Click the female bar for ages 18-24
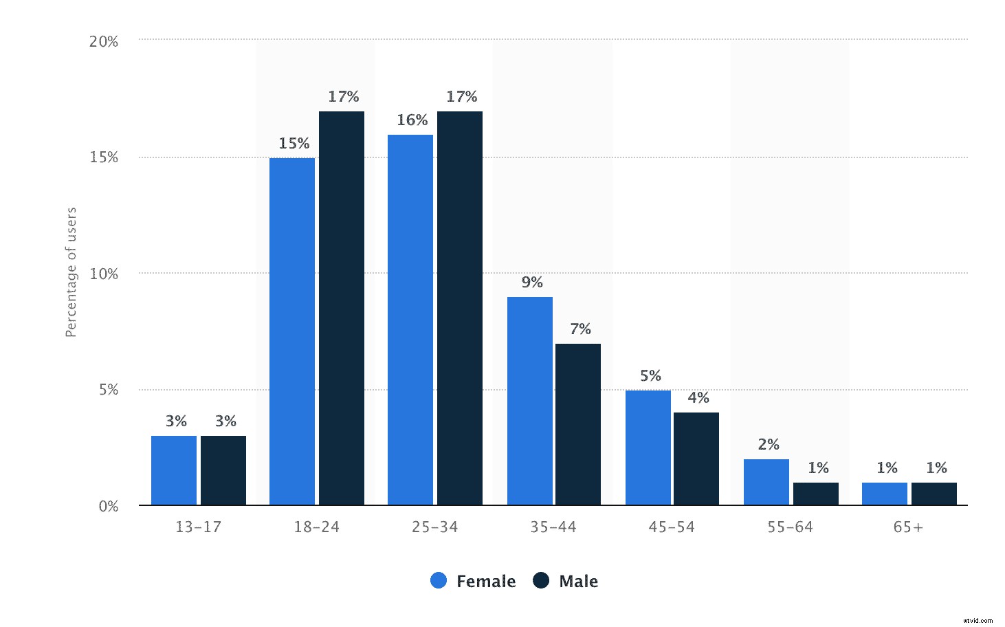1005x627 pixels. coord(292,331)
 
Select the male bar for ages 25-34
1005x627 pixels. coord(460,308)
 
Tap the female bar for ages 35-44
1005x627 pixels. coord(530,401)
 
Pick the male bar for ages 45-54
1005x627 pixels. coord(696,459)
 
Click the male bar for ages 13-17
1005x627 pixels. coord(223,470)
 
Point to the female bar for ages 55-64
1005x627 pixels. coord(766,482)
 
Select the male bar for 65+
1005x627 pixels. coord(934,494)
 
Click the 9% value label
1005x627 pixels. coord(532,282)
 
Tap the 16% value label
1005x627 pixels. coord(412,120)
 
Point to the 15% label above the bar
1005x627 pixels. coord(294,143)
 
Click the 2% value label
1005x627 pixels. coord(769,444)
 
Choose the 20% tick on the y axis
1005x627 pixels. coord(104,41)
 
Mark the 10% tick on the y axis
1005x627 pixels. coord(104,274)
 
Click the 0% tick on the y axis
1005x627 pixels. coord(109,507)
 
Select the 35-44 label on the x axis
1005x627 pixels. coord(553,527)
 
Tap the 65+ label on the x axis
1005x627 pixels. coord(908,527)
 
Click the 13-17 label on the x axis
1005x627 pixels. coord(198,527)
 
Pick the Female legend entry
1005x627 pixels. coord(474,581)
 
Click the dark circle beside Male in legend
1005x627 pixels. coord(542,580)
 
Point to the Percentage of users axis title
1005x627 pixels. coord(71,272)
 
